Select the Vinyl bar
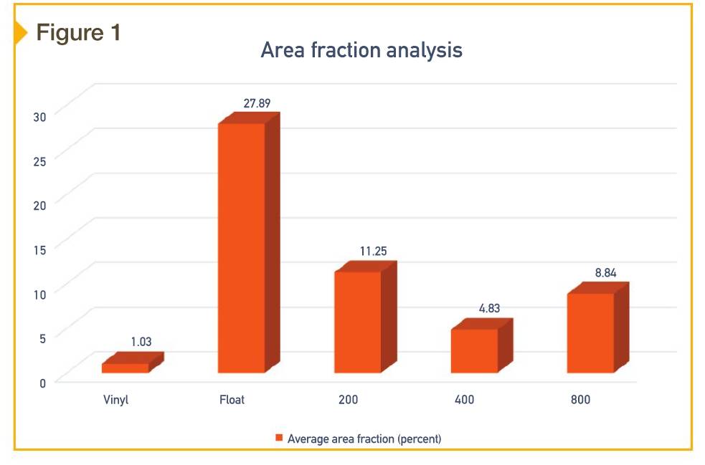pyautogui.click(x=126, y=368)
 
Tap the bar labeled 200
pyautogui.click(x=357, y=322)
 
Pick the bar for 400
pyautogui.click(x=473, y=350)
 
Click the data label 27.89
pyautogui.click(x=257, y=103)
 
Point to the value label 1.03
pyautogui.click(x=141, y=342)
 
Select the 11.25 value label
pyautogui.click(x=373, y=251)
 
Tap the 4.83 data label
pyautogui.click(x=489, y=309)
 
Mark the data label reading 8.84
pyautogui.click(x=605, y=273)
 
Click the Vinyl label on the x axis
pyautogui.click(x=115, y=400)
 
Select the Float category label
pyautogui.click(x=232, y=400)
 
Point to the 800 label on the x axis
pyautogui.click(x=580, y=400)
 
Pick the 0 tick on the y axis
pyautogui.click(x=42, y=382)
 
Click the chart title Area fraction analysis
pyautogui.click(x=361, y=51)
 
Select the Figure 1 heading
pyautogui.click(x=78, y=32)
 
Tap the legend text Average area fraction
pyautogui.click(x=364, y=438)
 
